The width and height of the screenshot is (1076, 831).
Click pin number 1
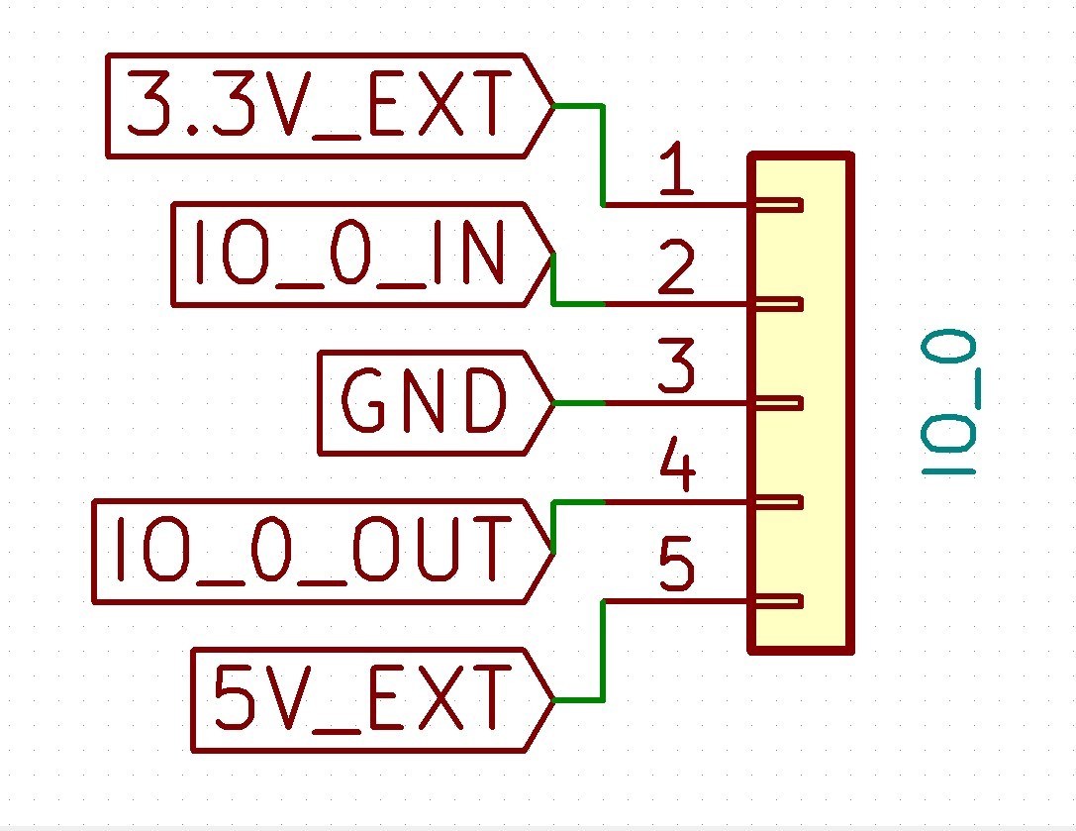click(676, 172)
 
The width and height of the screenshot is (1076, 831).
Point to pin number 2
click(676, 270)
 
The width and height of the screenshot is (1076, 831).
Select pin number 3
click(676, 368)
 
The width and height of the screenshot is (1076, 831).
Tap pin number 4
click(676, 469)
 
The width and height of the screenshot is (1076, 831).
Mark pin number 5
click(676, 568)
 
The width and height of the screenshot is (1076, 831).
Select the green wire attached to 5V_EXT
click(602, 654)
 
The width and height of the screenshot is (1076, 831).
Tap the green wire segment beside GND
click(580, 403)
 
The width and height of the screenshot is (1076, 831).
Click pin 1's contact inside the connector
click(782, 205)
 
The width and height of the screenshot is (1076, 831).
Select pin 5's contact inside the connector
click(782, 601)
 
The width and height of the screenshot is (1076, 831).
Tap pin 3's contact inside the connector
click(782, 403)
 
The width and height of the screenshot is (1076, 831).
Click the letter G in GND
click(363, 402)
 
